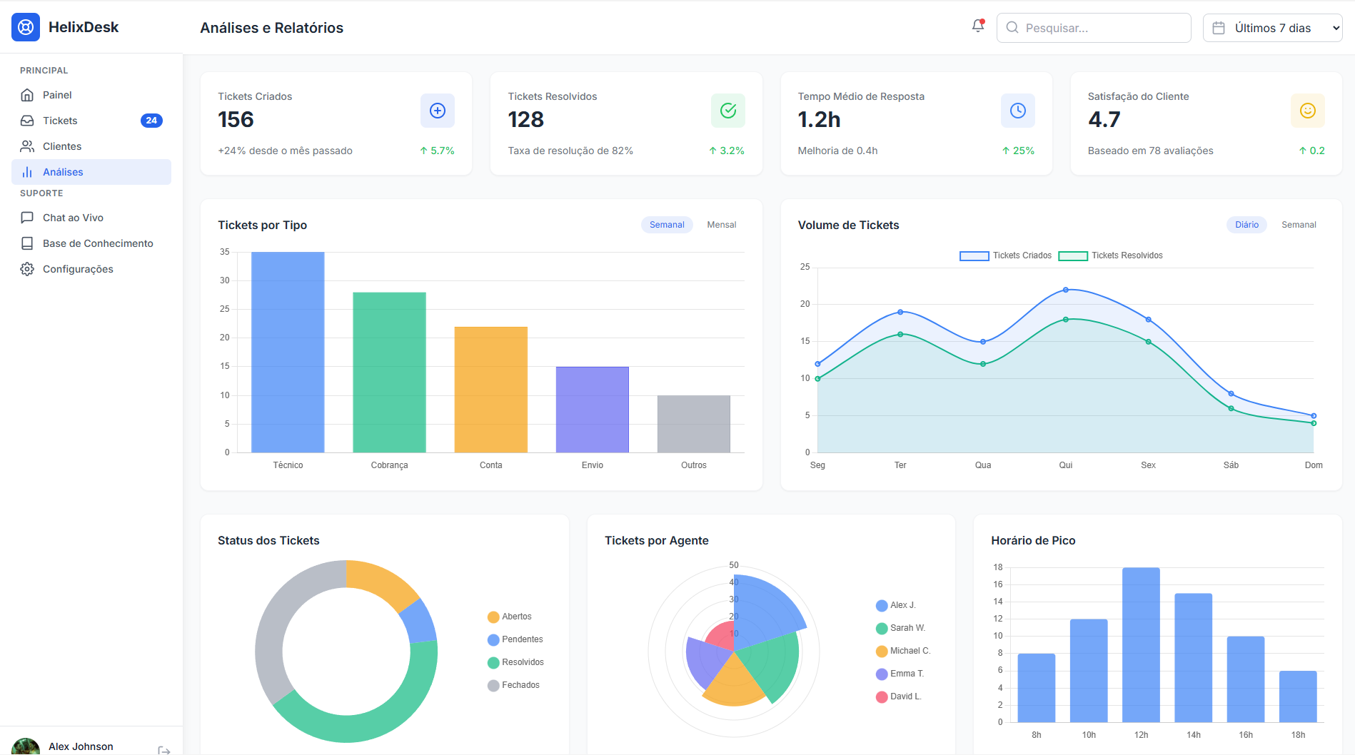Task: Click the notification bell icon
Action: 978,26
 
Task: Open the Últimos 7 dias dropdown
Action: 1272,28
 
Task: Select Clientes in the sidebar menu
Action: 62,146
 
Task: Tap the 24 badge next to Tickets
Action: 151,121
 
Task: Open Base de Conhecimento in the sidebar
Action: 98,243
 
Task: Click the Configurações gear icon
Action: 27,269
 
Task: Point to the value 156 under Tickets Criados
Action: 236,119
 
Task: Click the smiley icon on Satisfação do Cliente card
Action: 1307,111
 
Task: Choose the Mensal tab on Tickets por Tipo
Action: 721,225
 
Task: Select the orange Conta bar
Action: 491,389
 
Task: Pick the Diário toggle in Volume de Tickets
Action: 1246,225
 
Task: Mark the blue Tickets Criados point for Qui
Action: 1066,290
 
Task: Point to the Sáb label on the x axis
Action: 1231,465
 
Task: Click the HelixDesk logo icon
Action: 26,27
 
